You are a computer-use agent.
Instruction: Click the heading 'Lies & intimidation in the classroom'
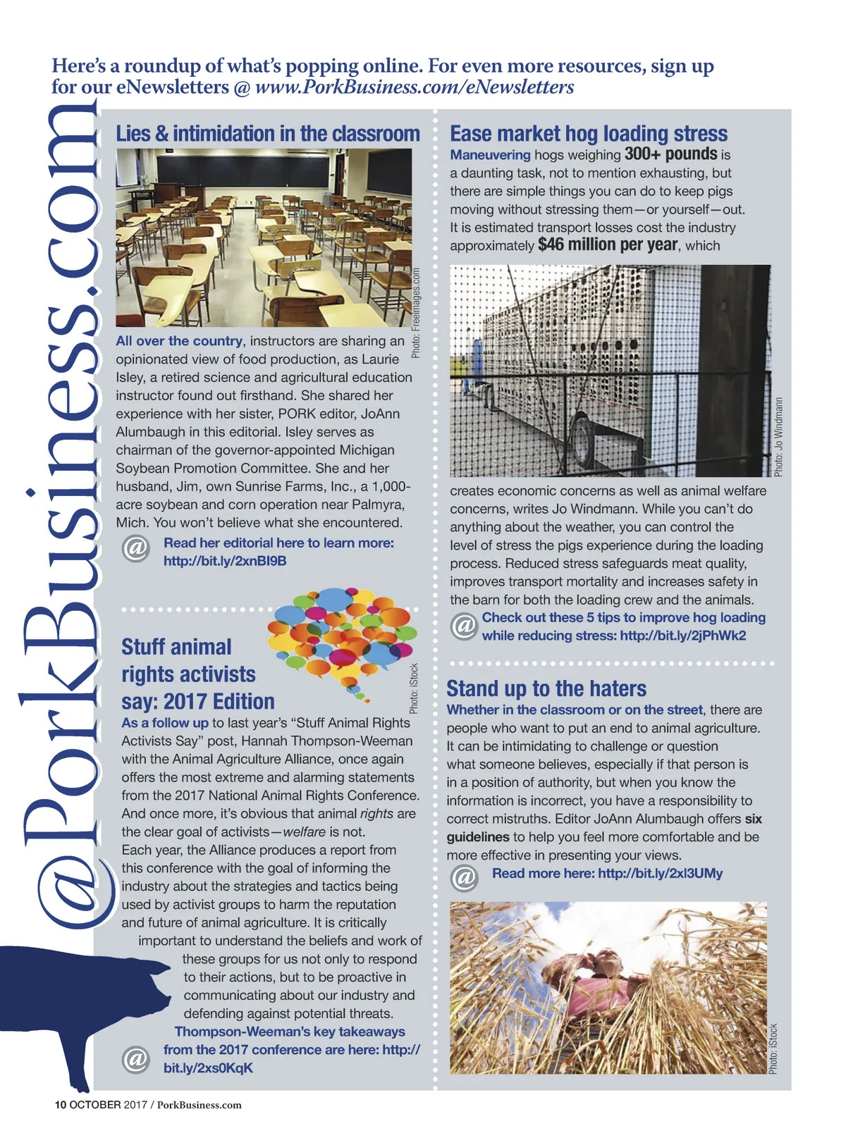pyautogui.click(x=268, y=134)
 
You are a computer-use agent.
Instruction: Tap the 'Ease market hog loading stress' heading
pyautogui.click(x=589, y=134)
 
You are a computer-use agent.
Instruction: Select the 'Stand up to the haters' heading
pyautogui.click(x=546, y=688)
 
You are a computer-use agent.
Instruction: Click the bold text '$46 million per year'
pyautogui.click(x=608, y=245)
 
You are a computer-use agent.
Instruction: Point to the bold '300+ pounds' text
pyautogui.click(x=670, y=154)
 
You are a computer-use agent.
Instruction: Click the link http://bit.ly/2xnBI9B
pyautogui.click(x=225, y=562)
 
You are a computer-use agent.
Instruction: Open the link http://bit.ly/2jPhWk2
pyautogui.click(x=682, y=636)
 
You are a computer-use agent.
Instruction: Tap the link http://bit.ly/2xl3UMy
pyautogui.click(x=660, y=874)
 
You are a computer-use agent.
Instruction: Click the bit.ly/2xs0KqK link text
pyautogui.click(x=208, y=1068)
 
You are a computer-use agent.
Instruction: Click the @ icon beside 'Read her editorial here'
pyautogui.click(x=135, y=547)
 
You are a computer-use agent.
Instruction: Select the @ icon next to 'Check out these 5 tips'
pyautogui.click(x=464, y=626)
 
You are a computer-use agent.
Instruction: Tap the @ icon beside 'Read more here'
pyautogui.click(x=464, y=877)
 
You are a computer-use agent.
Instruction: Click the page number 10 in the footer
pyautogui.click(x=61, y=1105)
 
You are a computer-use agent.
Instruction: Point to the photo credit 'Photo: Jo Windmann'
pyautogui.click(x=778, y=437)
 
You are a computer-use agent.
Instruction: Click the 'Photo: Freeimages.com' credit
pyautogui.click(x=416, y=312)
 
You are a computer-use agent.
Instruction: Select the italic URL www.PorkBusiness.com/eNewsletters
pyautogui.click(x=415, y=87)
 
